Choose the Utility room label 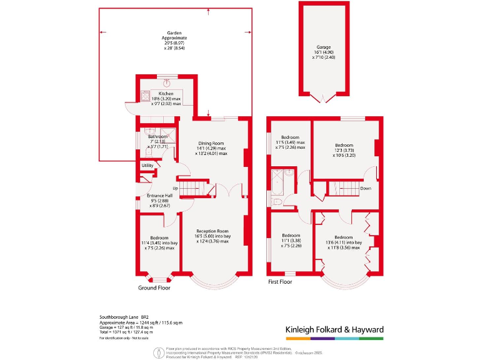[147, 165]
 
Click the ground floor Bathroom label [157, 136]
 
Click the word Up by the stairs [176, 188]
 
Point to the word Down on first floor [366, 188]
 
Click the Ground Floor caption [154, 288]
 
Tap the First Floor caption [281, 282]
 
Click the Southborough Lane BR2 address [123, 317]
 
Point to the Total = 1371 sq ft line [126, 332]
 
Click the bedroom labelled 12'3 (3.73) [343, 146]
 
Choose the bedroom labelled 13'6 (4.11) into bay [343, 237]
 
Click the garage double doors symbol [323, 97]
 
